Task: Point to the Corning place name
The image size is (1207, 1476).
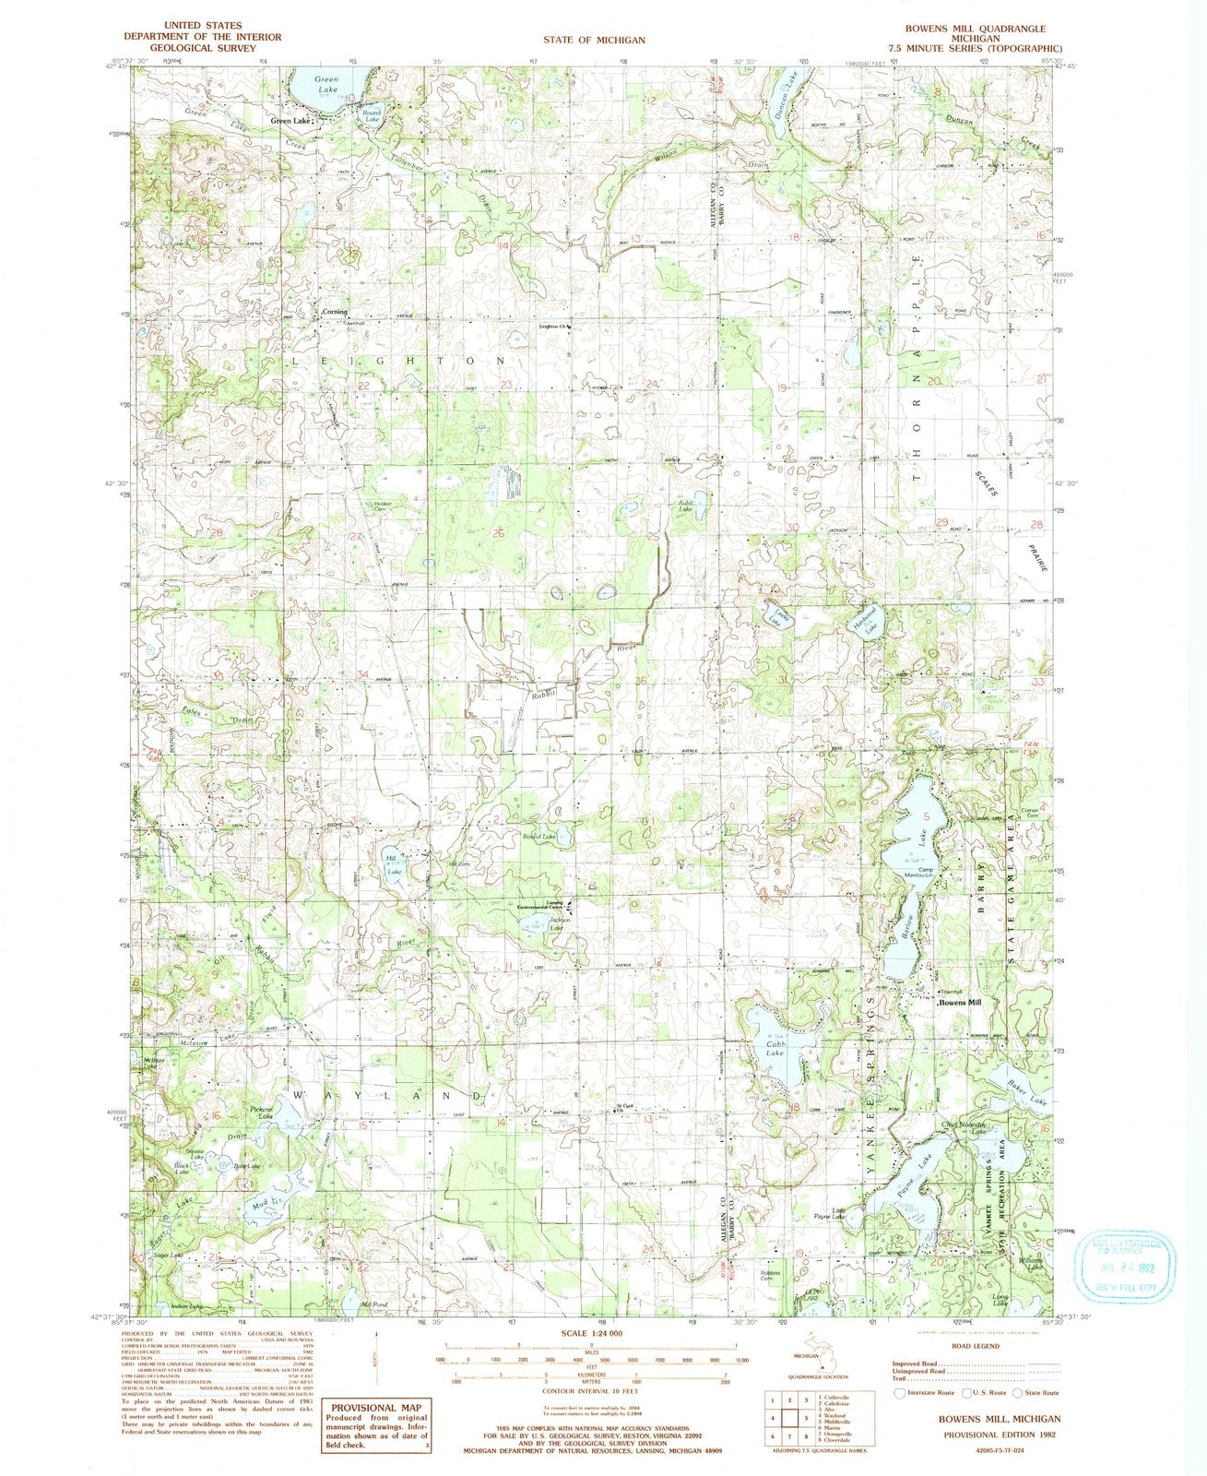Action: pos(334,312)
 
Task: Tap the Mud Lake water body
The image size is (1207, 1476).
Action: pos(261,1204)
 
